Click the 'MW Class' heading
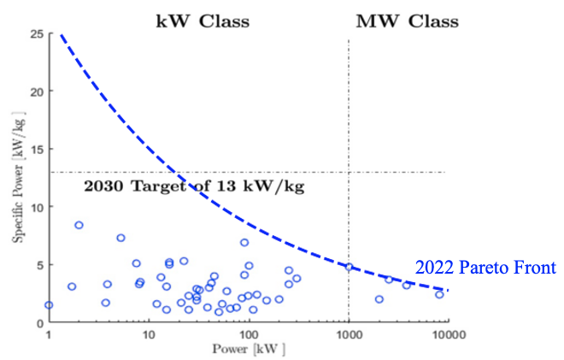point(406,21)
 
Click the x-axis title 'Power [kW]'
point(248,349)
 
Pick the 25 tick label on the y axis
point(37,33)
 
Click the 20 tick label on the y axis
point(37,91)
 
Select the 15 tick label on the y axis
point(37,149)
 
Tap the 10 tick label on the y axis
point(37,207)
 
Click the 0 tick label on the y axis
point(39,322)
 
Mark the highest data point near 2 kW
point(79,225)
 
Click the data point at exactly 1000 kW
point(349,267)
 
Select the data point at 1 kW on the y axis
point(49,304)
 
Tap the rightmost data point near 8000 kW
point(439,294)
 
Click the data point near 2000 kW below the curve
point(379,299)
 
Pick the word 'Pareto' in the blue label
point(485,269)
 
